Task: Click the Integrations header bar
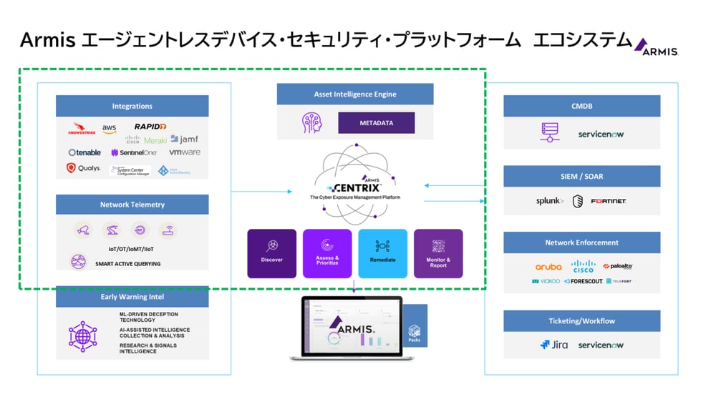[x=132, y=106]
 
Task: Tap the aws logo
[x=109, y=128]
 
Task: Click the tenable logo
[x=84, y=152]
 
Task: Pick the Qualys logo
[x=83, y=169]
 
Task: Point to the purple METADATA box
[x=377, y=123]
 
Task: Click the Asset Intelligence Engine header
[x=355, y=94]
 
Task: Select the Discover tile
[x=272, y=253]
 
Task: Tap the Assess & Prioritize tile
[x=327, y=253]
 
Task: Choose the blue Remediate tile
[x=382, y=253]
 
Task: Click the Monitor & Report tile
[x=438, y=253]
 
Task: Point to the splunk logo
[x=550, y=201]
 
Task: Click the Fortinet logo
[x=609, y=201]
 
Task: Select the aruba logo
[x=548, y=267]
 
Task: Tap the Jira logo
[x=554, y=345]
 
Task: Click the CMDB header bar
[x=581, y=106]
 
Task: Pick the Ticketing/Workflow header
[x=581, y=321]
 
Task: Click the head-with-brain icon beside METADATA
[x=312, y=123]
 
